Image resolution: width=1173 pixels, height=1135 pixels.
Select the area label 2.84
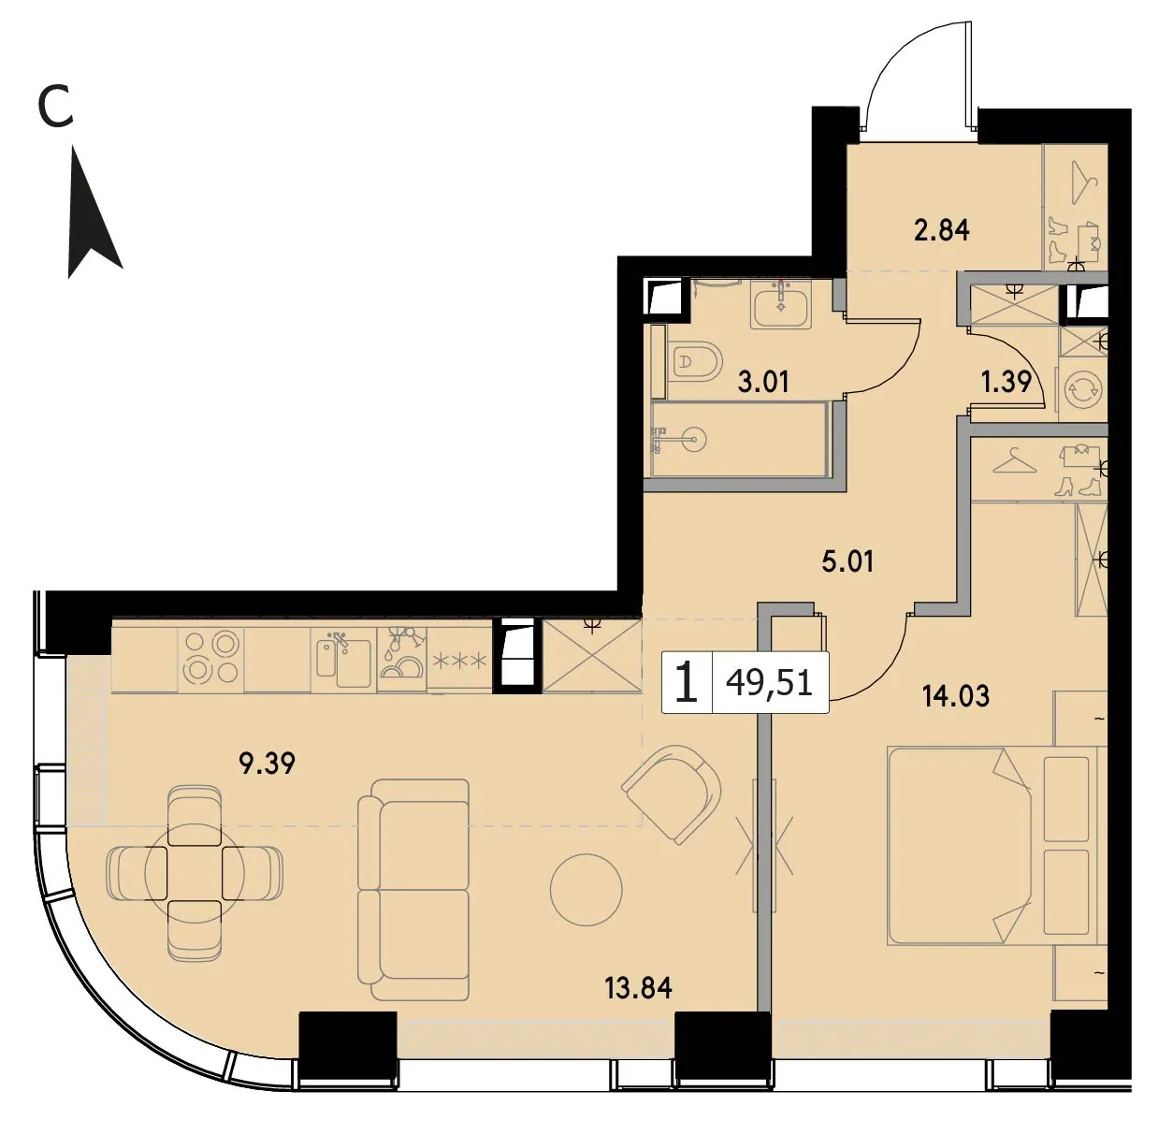coord(942,230)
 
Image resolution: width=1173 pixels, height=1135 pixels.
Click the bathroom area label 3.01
coord(763,382)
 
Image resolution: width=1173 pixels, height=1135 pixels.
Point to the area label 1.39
coord(1006,382)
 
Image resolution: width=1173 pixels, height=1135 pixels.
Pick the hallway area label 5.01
coord(847,561)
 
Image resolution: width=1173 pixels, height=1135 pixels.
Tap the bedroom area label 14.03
coord(956,696)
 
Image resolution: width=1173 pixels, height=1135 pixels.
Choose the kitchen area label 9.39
coord(267,764)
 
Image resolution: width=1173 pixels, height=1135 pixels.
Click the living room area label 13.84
coord(638,988)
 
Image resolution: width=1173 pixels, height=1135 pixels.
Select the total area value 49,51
coord(769,683)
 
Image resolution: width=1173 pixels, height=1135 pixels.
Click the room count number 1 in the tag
coord(686,683)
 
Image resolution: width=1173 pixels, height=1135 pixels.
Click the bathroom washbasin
coord(780,304)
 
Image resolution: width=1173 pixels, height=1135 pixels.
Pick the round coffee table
coord(586,890)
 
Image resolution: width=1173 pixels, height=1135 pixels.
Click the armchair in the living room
coord(673,794)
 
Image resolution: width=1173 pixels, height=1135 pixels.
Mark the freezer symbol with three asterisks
coord(460,661)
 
